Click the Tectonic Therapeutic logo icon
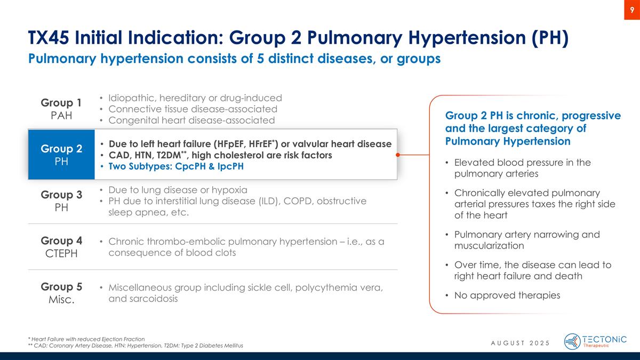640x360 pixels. [x=572, y=341]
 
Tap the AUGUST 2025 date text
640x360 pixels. [x=520, y=342]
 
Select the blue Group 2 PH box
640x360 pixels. [x=61, y=155]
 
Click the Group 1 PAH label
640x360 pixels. [x=61, y=108]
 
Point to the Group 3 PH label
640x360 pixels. [x=61, y=201]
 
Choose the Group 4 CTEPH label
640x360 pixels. [x=61, y=247]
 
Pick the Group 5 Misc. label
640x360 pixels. [x=61, y=293]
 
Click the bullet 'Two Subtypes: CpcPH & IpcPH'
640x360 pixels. [x=176, y=166]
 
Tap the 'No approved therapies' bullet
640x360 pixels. [x=507, y=295]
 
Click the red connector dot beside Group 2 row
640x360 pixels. [x=398, y=155]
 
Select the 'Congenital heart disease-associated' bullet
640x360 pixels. [x=191, y=121]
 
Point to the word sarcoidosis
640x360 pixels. [x=143, y=299]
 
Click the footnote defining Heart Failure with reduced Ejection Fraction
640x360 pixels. [x=86, y=339]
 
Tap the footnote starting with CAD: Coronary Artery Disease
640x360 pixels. [x=135, y=346]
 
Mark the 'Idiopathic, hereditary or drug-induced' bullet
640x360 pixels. [x=195, y=98]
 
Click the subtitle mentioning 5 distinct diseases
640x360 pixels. [x=234, y=59]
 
